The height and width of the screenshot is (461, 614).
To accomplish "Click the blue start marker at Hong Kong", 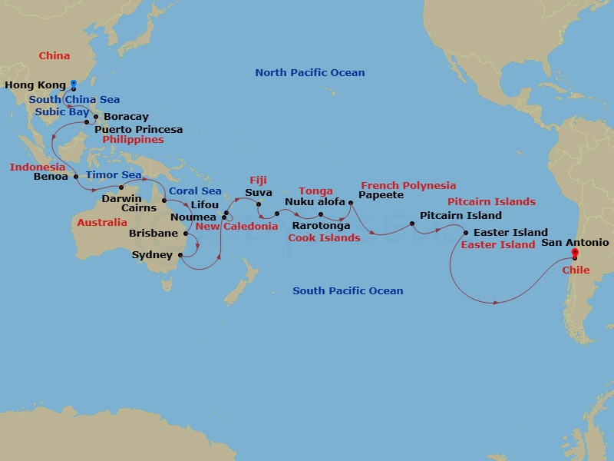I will click(x=74, y=84).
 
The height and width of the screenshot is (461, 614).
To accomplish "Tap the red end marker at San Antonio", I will click(x=575, y=254).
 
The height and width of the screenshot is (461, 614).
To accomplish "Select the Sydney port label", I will click(x=153, y=255).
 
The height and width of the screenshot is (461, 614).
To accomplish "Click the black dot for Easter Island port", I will click(x=465, y=232).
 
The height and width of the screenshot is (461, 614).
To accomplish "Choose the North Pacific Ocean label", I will click(x=310, y=73).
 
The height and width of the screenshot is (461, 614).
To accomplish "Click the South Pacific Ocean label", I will click(x=348, y=290).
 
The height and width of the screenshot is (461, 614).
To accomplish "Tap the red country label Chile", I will click(x=576, y=270).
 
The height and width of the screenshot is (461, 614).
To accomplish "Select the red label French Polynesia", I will click(x=408, y=185).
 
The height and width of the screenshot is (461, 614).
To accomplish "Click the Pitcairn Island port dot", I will click(x=412, y=224).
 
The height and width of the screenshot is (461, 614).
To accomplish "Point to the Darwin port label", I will click(x=121, y=198).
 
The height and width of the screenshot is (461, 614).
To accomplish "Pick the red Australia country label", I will click(x=102, y=222).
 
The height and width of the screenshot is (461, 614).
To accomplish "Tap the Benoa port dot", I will click(x=75, y=176).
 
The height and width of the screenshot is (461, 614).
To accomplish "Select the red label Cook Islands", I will click(x=324, y=237).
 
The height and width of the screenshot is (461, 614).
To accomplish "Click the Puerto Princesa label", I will click(x=138, y=129).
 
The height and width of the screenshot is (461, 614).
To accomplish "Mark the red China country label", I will click(x=54, y=55).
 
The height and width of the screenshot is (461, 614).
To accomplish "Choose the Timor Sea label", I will click(x=114, y=175).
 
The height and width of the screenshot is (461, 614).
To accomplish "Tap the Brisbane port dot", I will click(x=186, y=233).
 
